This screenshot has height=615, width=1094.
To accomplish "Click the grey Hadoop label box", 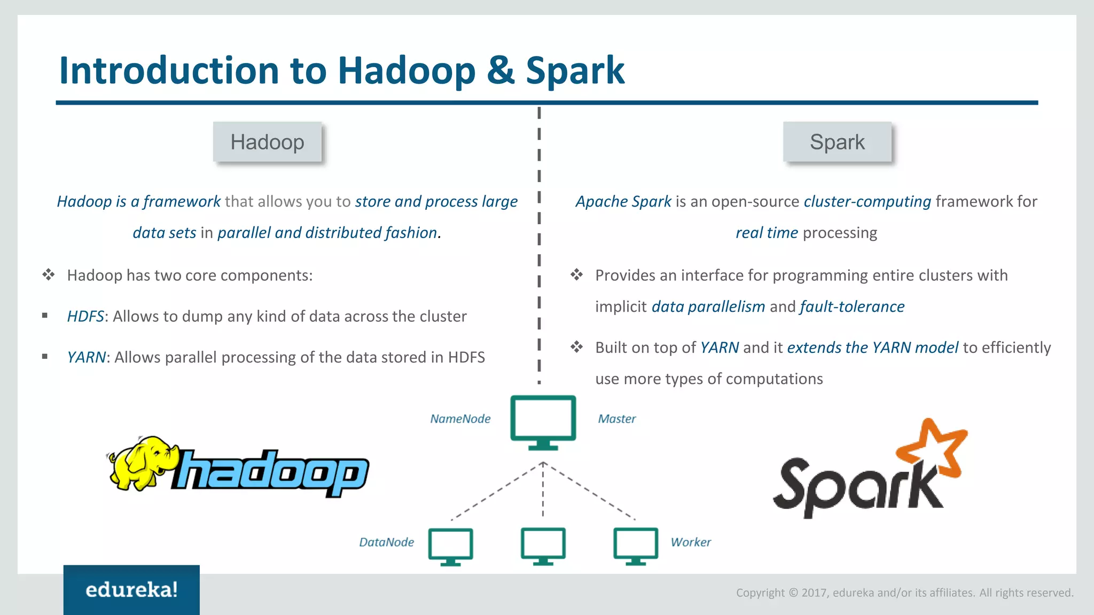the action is click(x=267, y=142).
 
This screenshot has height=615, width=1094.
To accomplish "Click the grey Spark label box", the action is click(x=837, y=142).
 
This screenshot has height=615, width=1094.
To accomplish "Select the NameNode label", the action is click(x=460, y=419).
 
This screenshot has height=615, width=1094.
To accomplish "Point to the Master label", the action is click(x=617, y=419).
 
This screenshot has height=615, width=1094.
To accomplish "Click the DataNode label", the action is click(x=387, y=542).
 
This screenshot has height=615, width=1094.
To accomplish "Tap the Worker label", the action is click(x=691, y=542).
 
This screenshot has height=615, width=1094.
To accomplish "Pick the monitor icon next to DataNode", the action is click(x=451, y=546).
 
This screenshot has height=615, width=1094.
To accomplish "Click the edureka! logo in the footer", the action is click(x=131, y=590).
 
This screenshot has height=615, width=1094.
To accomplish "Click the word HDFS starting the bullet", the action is click(x=85, y=317).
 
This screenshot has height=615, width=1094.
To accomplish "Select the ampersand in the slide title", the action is click(x=501, y=70).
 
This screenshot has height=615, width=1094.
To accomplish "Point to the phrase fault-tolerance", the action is click(x=852, y=307).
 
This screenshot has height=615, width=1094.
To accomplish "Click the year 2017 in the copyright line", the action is click(x=814, y=593).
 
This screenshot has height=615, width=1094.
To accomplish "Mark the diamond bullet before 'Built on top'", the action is click(x=576, y=347).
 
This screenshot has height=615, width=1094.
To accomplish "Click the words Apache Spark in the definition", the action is click(x=623, y=202).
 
